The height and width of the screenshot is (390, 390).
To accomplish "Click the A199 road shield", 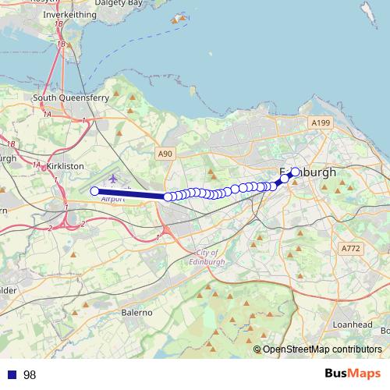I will [321, 122].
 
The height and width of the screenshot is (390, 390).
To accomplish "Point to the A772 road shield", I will [351, 248].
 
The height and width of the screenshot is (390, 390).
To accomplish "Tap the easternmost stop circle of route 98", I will [295, 172].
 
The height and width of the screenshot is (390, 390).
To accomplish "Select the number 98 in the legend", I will [30, 374].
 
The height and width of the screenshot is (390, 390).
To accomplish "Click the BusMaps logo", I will [353, 374].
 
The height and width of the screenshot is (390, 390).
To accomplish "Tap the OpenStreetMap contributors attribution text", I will [322, 349].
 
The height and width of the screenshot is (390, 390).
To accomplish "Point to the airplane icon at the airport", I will [114, 179].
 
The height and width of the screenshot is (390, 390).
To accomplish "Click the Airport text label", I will [113, 200].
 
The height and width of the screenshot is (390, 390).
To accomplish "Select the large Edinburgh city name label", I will [307, 172].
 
